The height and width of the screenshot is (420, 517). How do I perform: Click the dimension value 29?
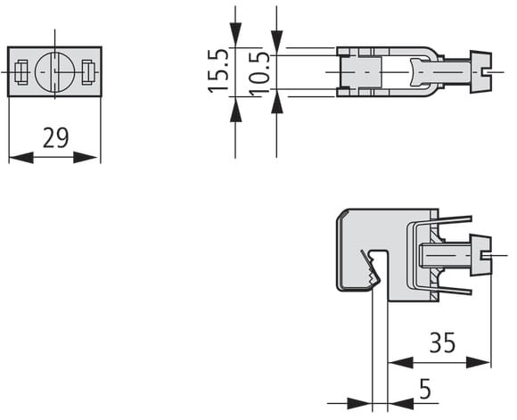coord(56,137)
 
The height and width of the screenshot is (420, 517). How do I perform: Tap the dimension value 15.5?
coord(218,70)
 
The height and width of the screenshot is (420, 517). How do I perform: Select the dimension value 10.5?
coord(259,74)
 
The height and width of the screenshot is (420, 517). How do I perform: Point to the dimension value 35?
coord(442,342)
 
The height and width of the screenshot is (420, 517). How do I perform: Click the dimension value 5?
coord(425,388)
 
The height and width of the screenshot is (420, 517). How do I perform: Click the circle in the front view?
coord(54,71)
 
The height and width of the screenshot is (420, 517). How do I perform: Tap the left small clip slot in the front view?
coord(21,72)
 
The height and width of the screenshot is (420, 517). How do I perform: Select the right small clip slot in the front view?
coord(88,72)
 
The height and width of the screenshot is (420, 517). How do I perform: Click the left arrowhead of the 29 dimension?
coord(21,157)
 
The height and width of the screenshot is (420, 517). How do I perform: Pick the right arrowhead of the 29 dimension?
coord(86,157)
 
